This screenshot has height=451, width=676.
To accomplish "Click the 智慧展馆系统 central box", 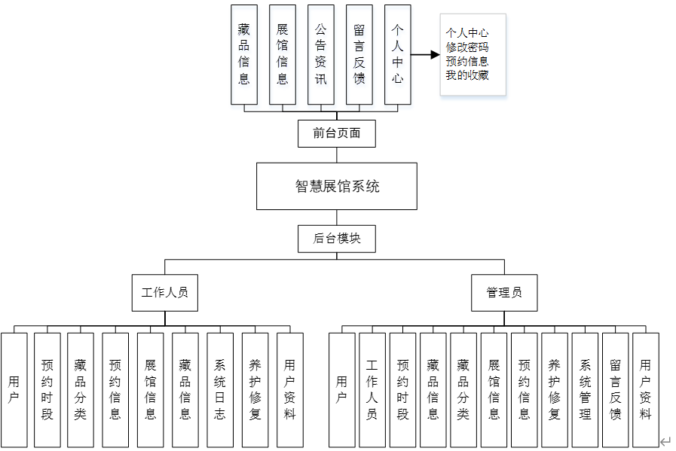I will [336, 186].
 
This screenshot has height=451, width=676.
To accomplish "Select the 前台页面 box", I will [336, 134].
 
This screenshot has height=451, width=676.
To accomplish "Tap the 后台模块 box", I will [336, 239].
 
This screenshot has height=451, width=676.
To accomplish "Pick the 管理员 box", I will [504, 293].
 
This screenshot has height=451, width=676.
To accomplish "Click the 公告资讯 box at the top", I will [320, 54].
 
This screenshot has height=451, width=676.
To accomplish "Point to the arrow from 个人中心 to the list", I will [425, 54].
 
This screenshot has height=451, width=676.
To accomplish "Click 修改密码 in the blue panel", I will [466, 47].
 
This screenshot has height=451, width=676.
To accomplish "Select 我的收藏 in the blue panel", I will [466, 75].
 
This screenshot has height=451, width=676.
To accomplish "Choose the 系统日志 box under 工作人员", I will [219, 389].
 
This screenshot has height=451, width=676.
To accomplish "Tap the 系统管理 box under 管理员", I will [585, 389].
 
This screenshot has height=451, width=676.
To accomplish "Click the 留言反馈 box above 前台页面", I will [359, 54].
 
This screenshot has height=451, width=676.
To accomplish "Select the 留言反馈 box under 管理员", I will [615, 389].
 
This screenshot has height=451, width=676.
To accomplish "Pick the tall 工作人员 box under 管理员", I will [372, 389].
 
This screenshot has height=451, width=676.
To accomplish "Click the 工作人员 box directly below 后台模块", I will [164, 293].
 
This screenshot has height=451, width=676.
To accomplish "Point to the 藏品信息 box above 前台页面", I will [243, 54].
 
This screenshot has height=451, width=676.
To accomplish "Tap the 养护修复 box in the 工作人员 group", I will [255, 389].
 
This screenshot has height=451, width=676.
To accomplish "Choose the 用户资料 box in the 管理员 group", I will [645, 389].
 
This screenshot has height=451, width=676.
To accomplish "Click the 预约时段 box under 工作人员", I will [47, 389].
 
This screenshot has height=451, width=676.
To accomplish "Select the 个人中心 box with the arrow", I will [397, 54].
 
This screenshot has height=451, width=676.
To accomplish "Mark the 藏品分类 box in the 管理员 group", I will [463, 389].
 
